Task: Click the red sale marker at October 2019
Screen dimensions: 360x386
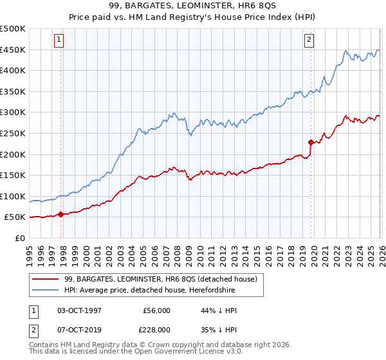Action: pyautogui.click(x=311, y=142)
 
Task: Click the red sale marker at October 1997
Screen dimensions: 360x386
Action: pyautogui.click(x=61, y=215)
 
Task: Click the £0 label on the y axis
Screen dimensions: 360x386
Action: pyautogui.click(x=19, y=238)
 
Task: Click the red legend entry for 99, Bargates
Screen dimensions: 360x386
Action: pyautogui.click(x=161, y=279)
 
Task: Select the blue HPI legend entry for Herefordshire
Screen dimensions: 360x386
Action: pyautogui.click(x=150, y=291)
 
